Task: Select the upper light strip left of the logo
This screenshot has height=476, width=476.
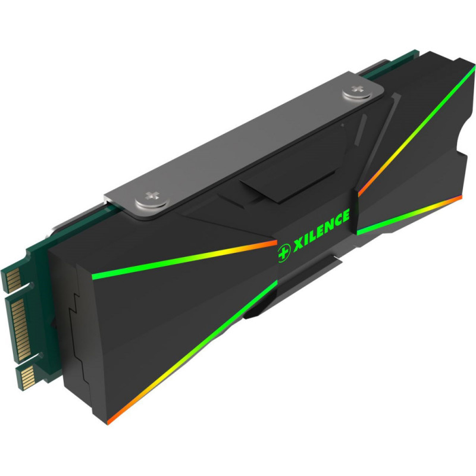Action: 184,258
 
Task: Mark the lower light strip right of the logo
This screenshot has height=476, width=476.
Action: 411,214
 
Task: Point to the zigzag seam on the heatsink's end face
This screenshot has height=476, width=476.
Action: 74,333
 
